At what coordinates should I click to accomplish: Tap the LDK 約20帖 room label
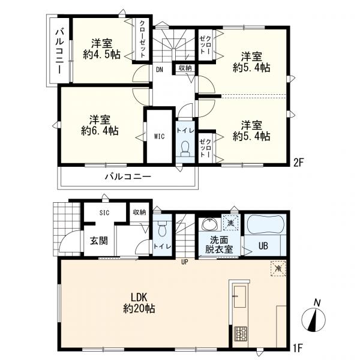pos(139,303)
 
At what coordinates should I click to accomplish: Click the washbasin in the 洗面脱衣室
pos(209,224)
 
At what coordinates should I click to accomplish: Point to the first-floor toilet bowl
pos(163,228)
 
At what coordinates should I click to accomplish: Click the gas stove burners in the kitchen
pos(240,334)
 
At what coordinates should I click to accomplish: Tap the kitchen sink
pos(240,296)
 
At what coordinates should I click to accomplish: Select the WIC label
pos(159,136)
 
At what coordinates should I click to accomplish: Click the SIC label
pos(104,212)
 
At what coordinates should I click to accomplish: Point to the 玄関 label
pos(99,241)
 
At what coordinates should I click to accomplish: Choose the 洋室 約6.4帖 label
pos(100,125)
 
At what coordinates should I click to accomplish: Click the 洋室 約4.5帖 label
pos(102,49)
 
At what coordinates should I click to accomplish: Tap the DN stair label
pos(160,70)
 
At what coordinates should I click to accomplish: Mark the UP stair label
pos(185,262)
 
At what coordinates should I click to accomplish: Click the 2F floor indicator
pos(298,163)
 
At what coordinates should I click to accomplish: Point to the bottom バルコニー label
pos(128,176)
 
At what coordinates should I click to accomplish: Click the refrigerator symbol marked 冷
pos(278,268)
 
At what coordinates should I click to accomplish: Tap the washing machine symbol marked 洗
pos(230,222)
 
